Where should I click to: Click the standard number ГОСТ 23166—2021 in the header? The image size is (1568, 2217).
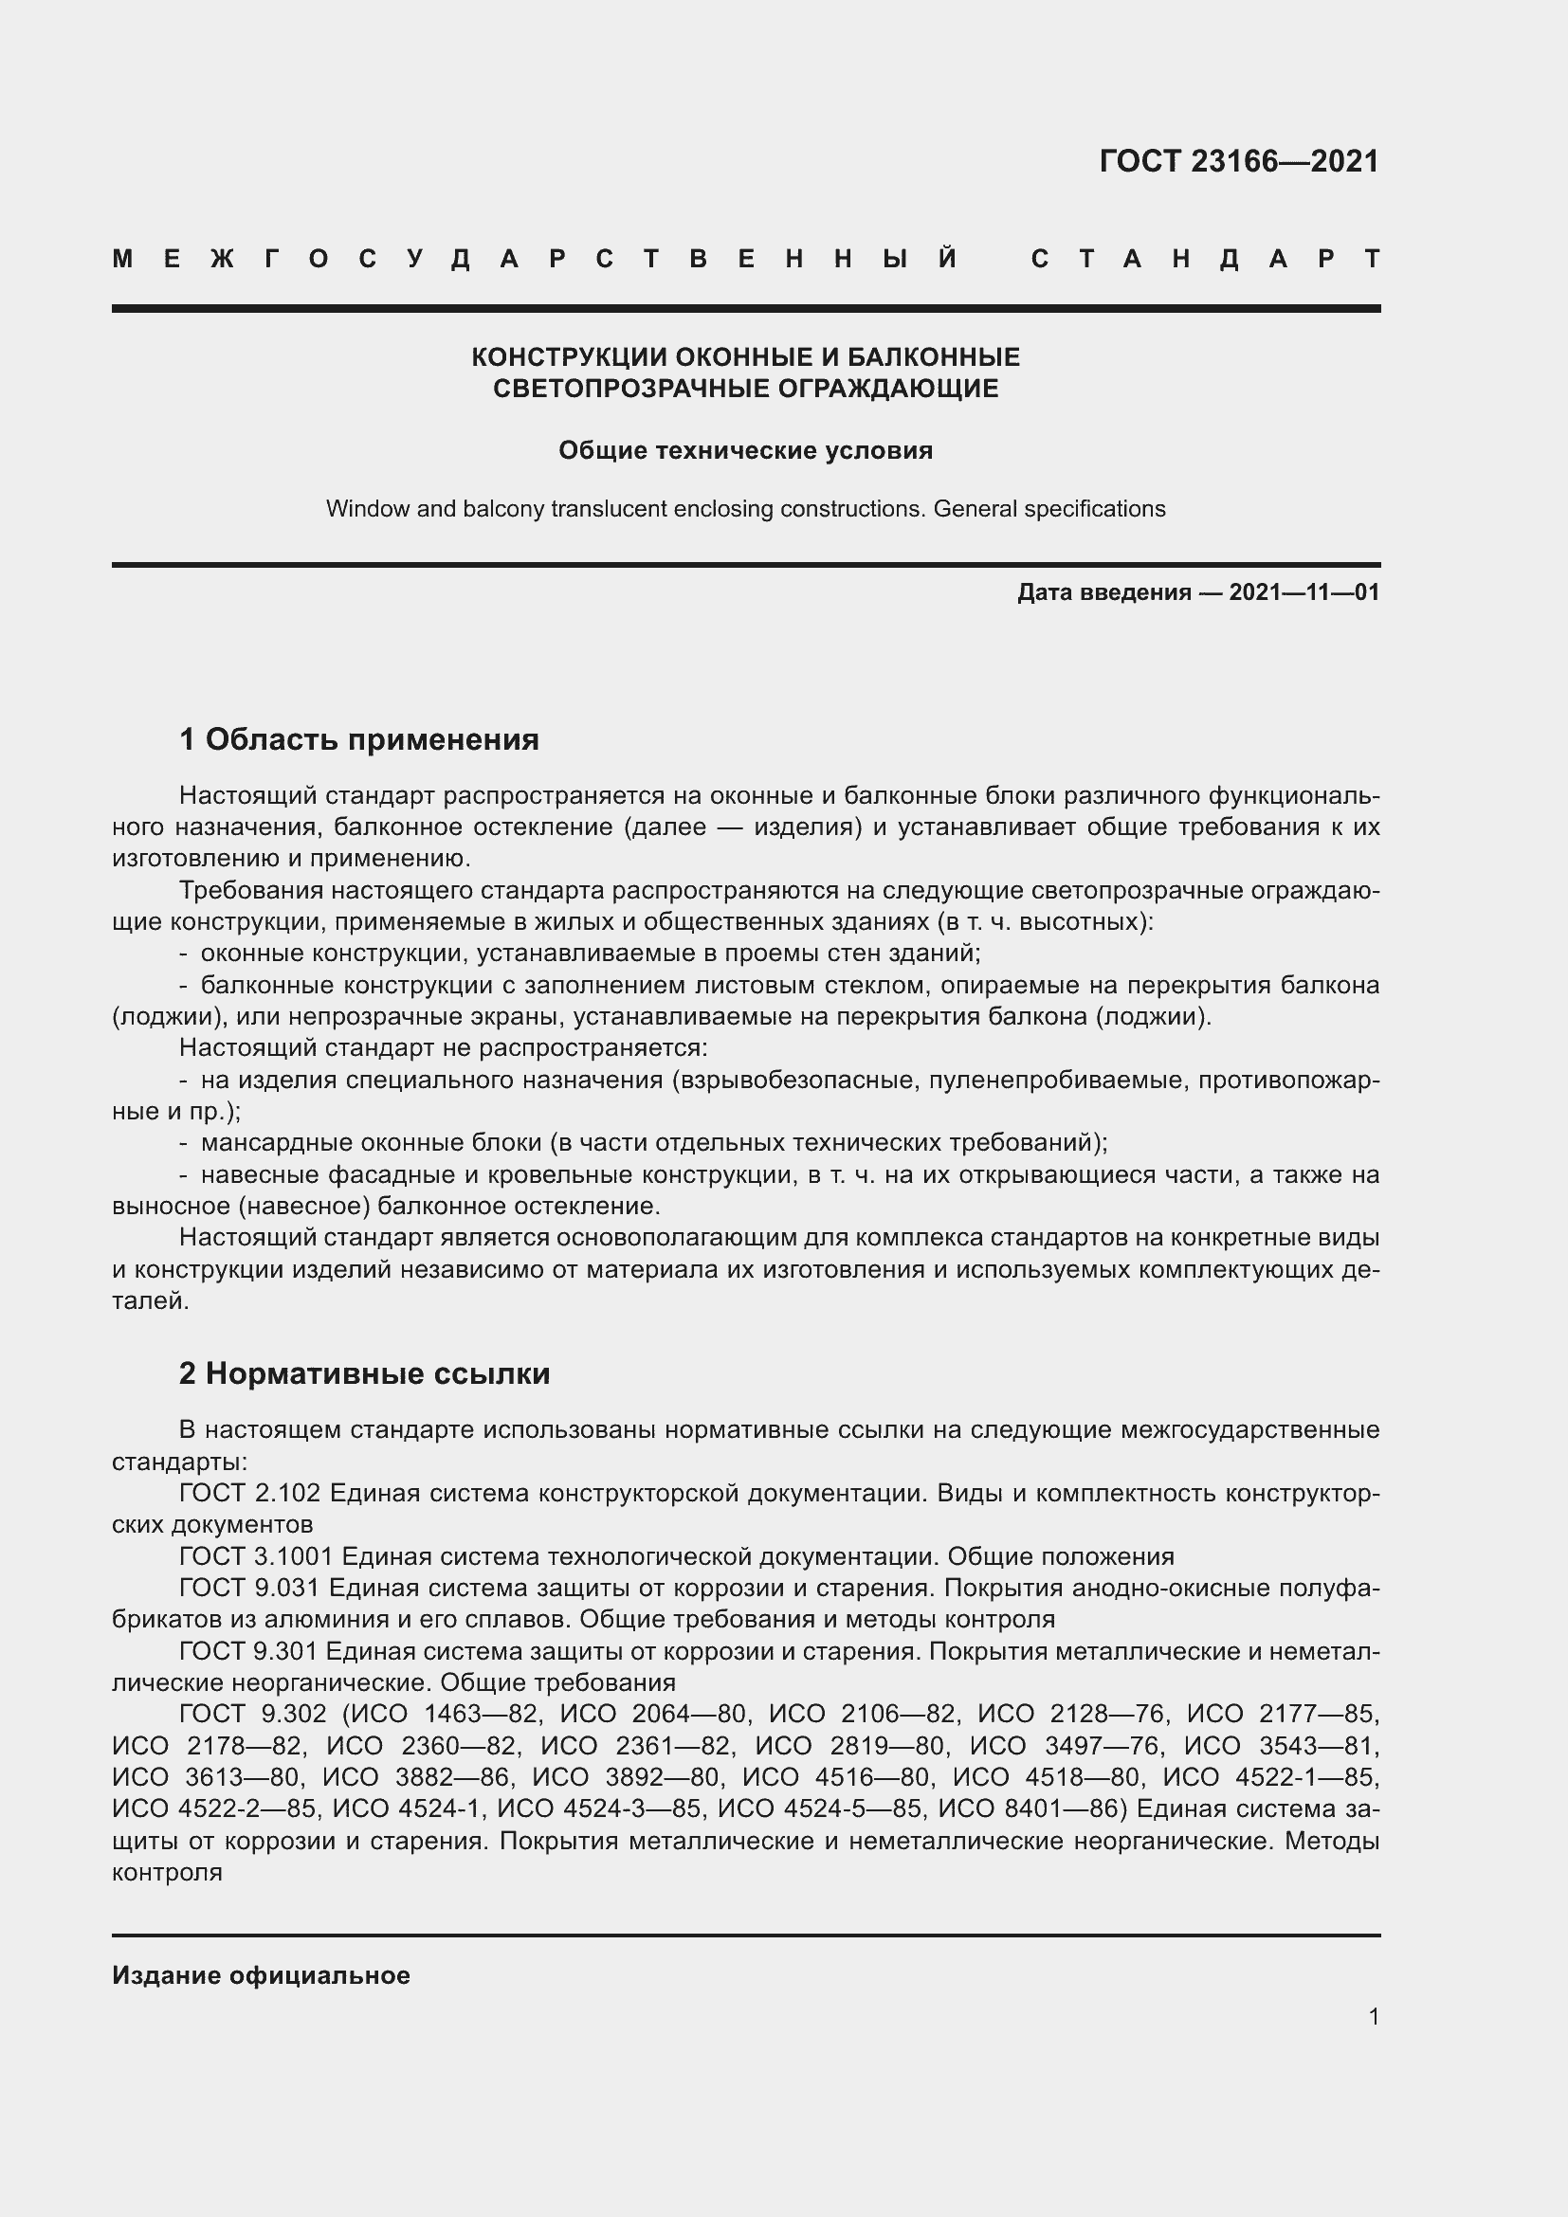1239,161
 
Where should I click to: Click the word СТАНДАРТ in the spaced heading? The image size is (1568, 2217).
1205,259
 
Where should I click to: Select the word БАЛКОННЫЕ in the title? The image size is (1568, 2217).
933,357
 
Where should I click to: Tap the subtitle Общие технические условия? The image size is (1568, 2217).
745,451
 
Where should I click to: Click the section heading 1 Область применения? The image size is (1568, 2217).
359,739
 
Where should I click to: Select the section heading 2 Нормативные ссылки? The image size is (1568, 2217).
364,1373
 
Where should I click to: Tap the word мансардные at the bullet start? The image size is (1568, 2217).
277,1142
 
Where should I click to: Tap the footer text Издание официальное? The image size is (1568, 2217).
261,1975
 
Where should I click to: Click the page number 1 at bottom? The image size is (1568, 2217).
1373,2016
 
